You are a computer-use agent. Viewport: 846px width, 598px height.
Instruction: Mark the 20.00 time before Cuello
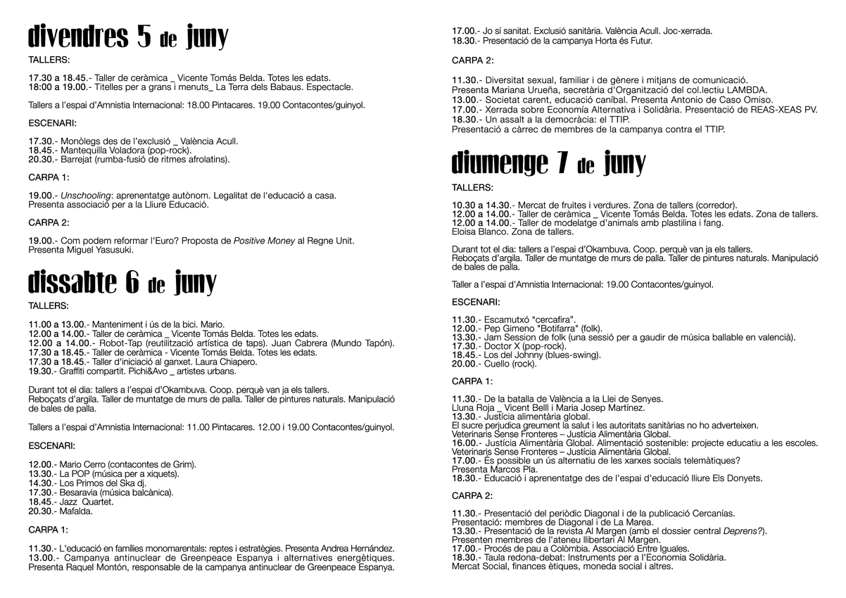pos(465,364)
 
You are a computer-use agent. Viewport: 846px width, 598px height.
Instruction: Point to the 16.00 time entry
pos(465,443)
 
